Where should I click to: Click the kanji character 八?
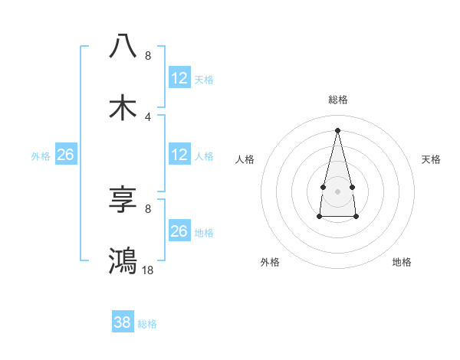(x=123, y=46)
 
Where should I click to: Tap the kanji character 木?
(x=123, y=107)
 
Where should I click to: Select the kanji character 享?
(x=123, y=200)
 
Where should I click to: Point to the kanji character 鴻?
(x=123, y=260)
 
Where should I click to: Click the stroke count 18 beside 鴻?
(x=148, y=270)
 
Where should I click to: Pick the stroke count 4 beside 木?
(x=148, y=116)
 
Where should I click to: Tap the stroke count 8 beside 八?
(x=148, y=56)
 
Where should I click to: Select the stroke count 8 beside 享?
(x=148, y=208)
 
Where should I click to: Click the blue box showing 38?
(x=122, y=323)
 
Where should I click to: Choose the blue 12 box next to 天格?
(x=179, y=78)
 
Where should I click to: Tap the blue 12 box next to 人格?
(x=179, y=155)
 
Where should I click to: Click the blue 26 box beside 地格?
(x=179, y=231)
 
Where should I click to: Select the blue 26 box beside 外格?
(x=65, y=155)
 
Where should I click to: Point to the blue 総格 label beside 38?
(x=147, y=324)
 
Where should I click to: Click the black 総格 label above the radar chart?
(x=337, y=100)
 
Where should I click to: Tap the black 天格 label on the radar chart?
(x=432, y=159)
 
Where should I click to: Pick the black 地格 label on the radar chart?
(x=402, y=262)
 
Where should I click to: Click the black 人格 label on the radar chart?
(x=245, y=159)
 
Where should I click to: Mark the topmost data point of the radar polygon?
(x=337, y=129)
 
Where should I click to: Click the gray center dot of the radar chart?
(x=337, y=190)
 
